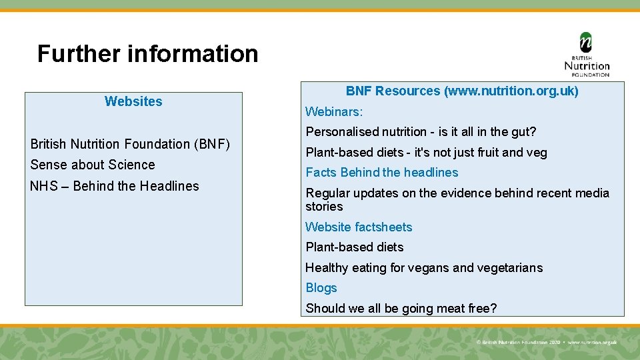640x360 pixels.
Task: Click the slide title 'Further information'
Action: (147, 53)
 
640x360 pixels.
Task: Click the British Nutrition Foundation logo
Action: (587, 55)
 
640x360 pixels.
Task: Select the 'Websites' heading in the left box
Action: (133, 101)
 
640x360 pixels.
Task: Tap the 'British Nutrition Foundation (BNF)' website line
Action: (130, 144)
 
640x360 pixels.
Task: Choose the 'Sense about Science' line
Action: (93, 165)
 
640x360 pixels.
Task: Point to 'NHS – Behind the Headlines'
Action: (115, 186)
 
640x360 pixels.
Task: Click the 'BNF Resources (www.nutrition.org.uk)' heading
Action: (462, 91)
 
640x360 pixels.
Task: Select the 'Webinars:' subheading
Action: (334, 111)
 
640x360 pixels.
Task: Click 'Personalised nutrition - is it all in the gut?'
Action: (421, 132)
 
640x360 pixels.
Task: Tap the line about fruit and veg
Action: (426, 153)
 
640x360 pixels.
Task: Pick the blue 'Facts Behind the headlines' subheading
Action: (382, 173)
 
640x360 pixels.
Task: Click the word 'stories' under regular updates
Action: (324, 207)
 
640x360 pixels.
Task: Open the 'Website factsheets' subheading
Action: (359, 227)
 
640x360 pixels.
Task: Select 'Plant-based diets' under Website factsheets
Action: (355, 247)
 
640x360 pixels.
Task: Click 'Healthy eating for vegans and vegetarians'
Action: (424, 268)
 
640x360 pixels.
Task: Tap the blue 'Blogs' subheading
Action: (321, 288)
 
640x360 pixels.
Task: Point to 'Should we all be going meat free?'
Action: (401, 309)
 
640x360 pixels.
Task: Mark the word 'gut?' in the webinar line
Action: (523, 132)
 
